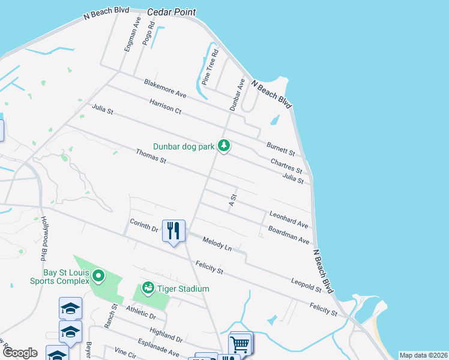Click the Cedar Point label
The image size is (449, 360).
(x=171, y=12)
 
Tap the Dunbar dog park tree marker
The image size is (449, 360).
(x=224, y=146)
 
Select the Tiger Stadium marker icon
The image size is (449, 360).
(x=148, y=289)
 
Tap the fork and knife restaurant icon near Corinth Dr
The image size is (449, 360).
(x=173, y=231)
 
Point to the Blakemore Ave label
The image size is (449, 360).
(x=165, y=88)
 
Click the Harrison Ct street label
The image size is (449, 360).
(x=166, y=106)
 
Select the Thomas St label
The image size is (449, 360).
(x=151, y=157)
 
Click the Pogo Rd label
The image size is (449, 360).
(x=148, y=34)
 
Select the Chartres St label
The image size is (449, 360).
(x=286, y=164)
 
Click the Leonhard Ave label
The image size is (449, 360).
(x=289, y=219)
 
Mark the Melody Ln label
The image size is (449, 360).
(x=217, y=243)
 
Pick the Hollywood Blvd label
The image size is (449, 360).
(x=44, y=239)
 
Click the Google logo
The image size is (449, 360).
(x=20, y=353)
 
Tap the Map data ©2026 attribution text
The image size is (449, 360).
(x=423, y=355)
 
